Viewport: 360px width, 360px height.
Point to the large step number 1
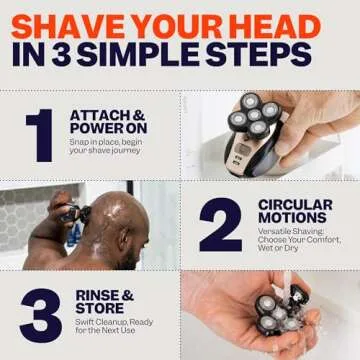[40, 135]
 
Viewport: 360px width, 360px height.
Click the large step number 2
[220, 225]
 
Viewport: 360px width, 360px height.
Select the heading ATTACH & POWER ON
[108, 123]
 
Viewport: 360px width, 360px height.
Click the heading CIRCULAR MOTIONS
[295, 212]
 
